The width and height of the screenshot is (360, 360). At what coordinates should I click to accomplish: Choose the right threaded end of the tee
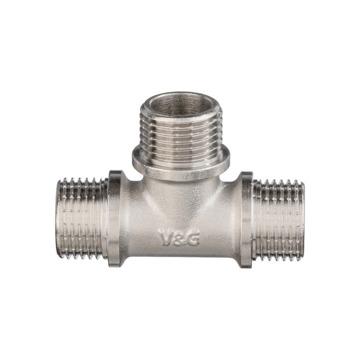coord(278,218)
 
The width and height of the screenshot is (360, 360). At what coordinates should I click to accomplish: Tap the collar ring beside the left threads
coord(115,219)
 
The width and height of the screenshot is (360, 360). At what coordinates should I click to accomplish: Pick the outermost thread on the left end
coord(60,217)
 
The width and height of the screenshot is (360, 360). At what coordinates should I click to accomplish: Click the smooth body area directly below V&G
coord(178,255)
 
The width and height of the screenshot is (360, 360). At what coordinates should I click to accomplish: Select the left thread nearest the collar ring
coord(104,218)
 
